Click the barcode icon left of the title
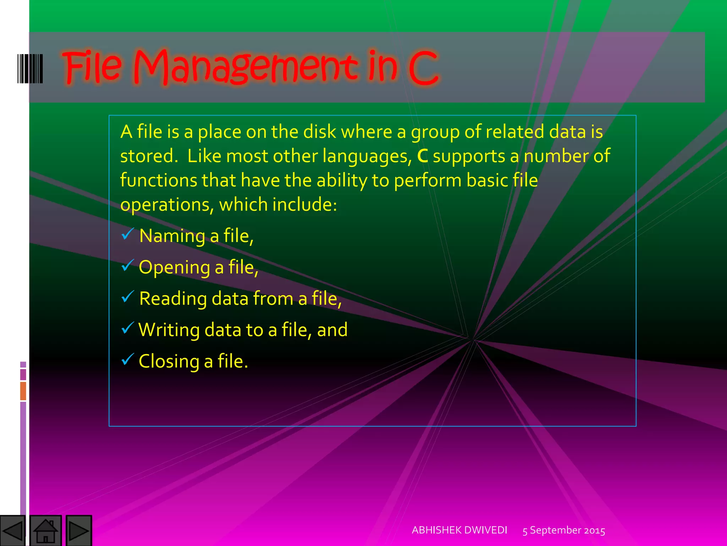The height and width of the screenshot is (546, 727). point(31,69)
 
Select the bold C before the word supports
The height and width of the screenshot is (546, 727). point(422,156)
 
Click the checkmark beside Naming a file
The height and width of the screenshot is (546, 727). point(127,235)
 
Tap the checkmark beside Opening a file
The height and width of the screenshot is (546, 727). point(127,266)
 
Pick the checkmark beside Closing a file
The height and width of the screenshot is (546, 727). point(127,359)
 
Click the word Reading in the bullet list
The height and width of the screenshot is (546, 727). point(173,299)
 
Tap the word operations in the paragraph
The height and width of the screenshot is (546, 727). point(167,205)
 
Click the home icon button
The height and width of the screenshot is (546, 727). point(46,531)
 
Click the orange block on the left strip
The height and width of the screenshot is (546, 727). point(23,391)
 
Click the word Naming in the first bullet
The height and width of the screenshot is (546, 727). point(172,236)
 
